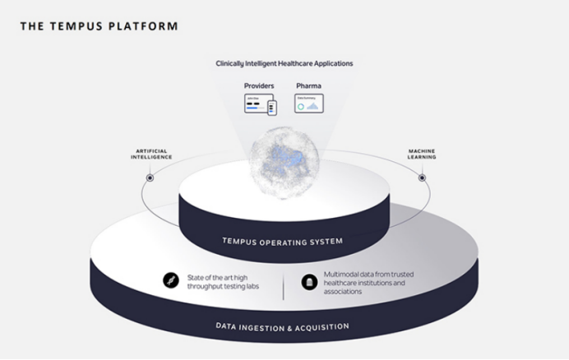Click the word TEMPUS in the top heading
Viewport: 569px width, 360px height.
click(81, 26)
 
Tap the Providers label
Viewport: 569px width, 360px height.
click(259, 85)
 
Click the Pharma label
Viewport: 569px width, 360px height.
click(308, 85)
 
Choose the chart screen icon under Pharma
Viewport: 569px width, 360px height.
click(309, 104)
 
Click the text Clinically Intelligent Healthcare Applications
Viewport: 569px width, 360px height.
click(284, 63)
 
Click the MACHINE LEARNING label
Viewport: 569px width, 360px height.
click(422, 154)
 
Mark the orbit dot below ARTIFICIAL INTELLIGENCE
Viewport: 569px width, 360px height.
click(150, 178)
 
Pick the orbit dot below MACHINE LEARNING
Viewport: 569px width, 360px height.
click(422, 178)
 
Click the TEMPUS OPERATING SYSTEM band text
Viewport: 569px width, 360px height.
click(282, 241)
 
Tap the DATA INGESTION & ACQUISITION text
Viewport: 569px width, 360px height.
click(282, 326)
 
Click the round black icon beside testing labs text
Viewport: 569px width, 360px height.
click(171, 279)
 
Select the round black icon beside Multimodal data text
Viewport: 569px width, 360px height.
click(309, 280)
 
